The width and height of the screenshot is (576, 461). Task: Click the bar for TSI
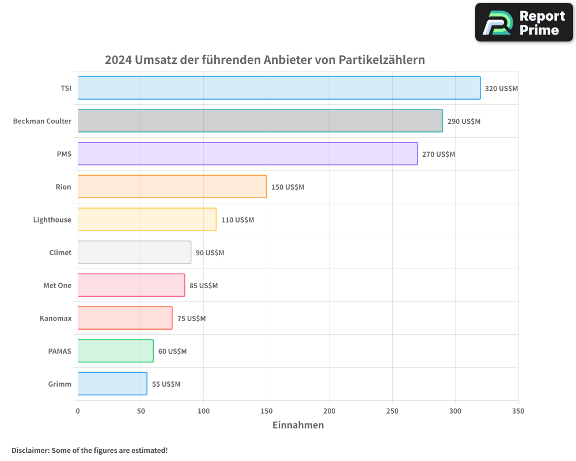(x=279, y=88)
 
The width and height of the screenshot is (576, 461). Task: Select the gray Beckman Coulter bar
(x=260, y=121)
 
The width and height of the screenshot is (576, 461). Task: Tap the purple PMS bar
(x=247, y=154)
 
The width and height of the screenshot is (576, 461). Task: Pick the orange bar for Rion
(x=172, y=187)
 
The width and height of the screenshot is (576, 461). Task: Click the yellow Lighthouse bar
(x=147, y=220)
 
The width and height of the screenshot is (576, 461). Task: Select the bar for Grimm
(x=112, y=384)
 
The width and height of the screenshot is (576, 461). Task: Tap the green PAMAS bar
(x=115, y=351)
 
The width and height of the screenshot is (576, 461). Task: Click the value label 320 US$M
(x=502, y=89)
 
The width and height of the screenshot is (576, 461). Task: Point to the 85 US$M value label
(x=203, y=286)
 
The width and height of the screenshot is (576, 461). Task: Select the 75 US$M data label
(x=191, y=319)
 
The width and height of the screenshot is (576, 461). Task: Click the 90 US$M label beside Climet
(x=210, y=253)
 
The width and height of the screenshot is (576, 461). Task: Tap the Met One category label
(x=58, y=286)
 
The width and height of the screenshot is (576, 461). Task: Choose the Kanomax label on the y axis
(x=55, y=319)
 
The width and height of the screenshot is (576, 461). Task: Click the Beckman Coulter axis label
(x=42, y=122)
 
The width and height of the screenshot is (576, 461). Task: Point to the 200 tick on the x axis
(x=329, y=411)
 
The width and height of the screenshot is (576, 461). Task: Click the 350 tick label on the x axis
(x=518, y=411)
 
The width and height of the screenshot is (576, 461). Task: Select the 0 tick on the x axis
(x=78, y=411)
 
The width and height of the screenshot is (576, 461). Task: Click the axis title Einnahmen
(x=298, y=425)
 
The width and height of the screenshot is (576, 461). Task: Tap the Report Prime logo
(x=524, y=22)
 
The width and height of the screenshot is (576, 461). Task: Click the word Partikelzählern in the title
(x=381, y=60)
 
